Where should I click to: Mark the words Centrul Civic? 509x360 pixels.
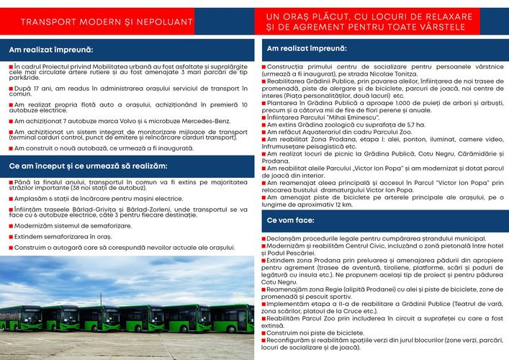tap(369, 246)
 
